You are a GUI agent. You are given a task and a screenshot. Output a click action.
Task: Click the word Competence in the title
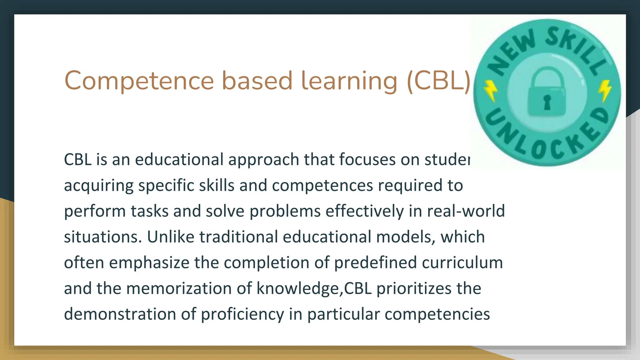click(139, 81)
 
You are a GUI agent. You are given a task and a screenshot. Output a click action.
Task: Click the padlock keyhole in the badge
click(547, 102)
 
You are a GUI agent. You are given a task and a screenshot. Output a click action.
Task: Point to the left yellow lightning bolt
click(490, 91)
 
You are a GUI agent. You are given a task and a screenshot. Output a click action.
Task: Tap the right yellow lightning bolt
click(605, 90)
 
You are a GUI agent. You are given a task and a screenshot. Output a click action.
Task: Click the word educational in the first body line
click(179, 159)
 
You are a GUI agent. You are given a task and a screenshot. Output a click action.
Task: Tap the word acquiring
click(99, 186)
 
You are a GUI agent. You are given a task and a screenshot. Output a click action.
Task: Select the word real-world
click(466, 211)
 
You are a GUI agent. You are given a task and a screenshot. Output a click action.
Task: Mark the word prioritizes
click(414, 288)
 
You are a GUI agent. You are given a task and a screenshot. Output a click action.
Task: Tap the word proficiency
click(242, 314)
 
